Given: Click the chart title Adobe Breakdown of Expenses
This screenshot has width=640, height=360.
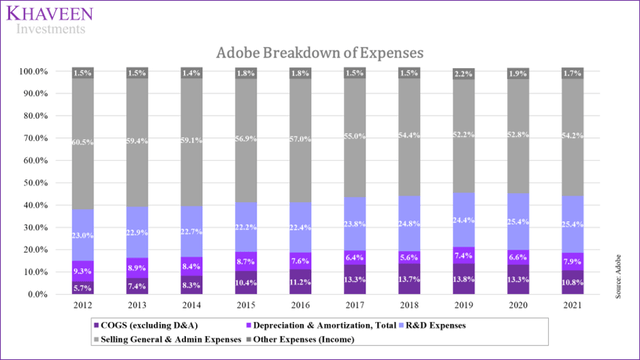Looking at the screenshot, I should [x=319, y=51].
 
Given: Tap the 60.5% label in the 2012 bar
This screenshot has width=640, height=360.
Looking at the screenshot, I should [x=82, y=144].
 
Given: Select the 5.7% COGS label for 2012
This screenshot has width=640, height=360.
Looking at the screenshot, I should [x=83, y=288].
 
